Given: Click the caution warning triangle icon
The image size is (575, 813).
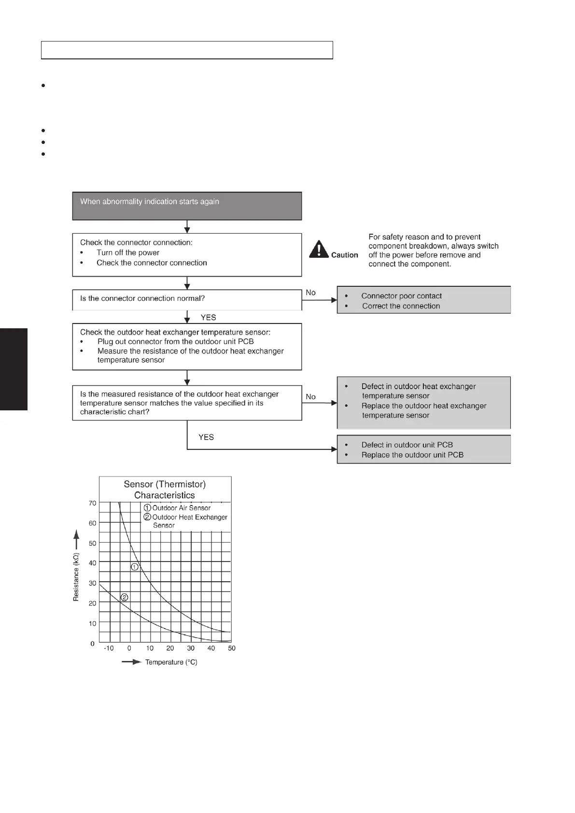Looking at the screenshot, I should tap(319, 249).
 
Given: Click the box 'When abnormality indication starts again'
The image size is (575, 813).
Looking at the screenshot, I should tap(187, 206).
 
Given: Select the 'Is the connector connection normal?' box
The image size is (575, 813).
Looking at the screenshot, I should tap(187, 299).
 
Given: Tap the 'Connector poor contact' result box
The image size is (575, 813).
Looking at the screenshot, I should tap(423, 300).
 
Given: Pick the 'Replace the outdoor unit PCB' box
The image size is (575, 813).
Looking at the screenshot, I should tap(423, 450).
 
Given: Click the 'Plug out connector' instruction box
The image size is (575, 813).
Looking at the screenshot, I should tap(187, 347).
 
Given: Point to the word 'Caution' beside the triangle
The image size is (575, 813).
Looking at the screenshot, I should tap(345, 255).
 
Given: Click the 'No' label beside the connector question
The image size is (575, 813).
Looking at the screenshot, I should tap(311, 293).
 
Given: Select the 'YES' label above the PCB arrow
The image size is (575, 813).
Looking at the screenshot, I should tap(206, 437).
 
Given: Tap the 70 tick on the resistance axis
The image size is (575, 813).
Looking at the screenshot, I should tap(92, 503).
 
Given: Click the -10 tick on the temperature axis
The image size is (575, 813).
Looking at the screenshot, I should tap(109, 648).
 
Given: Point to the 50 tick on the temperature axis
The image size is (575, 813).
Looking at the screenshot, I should tap(232, 648).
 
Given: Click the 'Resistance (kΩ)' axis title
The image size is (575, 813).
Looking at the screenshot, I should tap(76, 577).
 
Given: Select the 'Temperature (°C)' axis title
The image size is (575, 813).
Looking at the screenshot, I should tap(171, 662).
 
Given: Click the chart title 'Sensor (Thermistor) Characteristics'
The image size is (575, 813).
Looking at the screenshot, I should tap(165, 490).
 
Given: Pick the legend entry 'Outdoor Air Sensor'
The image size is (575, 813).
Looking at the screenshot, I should tap(181, 508).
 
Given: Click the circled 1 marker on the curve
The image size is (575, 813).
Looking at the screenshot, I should tap(135, 567).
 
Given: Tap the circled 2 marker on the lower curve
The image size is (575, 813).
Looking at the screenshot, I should tap(124, 597).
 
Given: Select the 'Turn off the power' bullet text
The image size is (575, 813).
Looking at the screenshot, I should tap(128, 252).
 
